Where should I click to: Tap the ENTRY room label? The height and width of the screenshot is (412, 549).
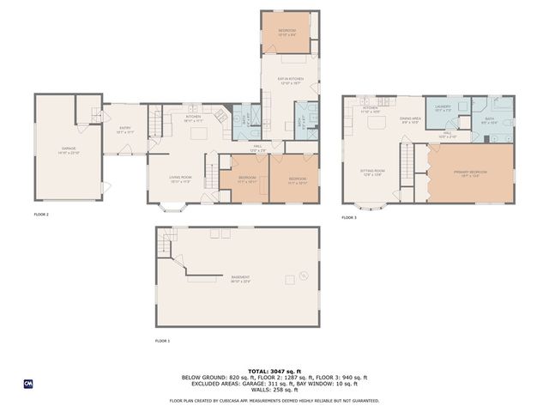coord(125,130)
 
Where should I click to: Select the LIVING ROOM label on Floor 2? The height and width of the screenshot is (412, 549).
coord(179,178)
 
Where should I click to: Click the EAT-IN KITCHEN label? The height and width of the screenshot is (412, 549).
coord(289,82)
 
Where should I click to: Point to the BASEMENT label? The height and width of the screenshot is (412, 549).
coord(239,276)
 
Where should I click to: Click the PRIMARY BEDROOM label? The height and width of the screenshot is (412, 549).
coord(470,172)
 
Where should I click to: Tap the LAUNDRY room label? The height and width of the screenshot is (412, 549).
coord(443,108)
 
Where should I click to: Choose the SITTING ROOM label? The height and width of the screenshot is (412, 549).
coord(371,172)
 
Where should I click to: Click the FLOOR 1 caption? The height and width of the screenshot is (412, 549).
coord(162,341)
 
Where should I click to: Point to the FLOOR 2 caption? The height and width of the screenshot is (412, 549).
coord(41,214)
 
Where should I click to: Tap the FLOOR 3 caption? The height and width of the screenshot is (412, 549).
coord(348,217)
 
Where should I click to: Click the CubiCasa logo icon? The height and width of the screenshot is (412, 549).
coord(28,383)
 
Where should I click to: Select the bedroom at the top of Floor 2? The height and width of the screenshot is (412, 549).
coord(287,33)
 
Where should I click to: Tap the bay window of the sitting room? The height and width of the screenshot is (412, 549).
coord(372,206)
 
